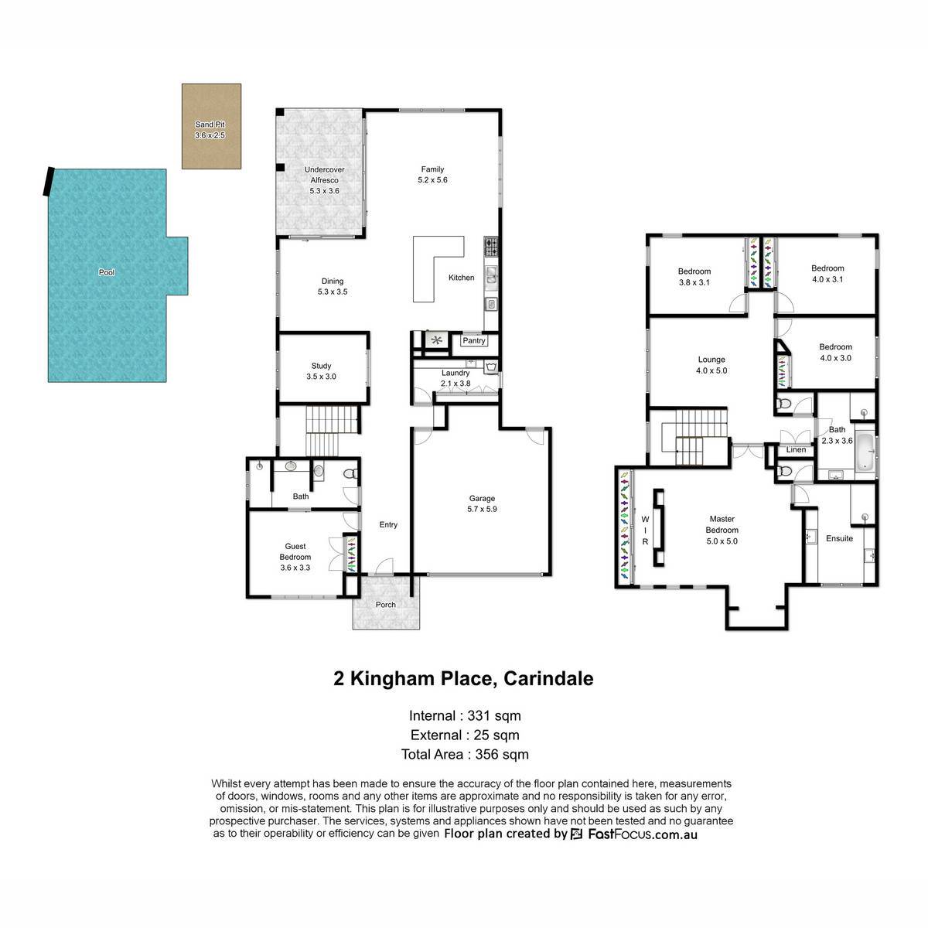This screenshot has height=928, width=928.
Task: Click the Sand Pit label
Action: (210, 125)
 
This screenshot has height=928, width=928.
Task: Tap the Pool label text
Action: (107, 272)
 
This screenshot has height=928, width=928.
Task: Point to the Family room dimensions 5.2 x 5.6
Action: (432, 180)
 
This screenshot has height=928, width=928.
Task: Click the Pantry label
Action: (474, 340)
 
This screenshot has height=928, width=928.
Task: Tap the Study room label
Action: (321, 366)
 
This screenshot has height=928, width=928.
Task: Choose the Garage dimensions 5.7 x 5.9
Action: (482, 509)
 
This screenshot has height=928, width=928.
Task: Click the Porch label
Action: (385, 605)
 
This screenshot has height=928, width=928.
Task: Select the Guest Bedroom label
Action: (295, 551)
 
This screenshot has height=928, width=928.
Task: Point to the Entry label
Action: (388, 524)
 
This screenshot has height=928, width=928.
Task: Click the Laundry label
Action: (455, 373)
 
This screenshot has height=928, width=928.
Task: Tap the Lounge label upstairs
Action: (711, 360)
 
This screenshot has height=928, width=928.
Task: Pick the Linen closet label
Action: (796, 449)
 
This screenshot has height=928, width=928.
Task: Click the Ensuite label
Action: (839, 538)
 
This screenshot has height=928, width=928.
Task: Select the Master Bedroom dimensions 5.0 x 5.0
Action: (722, 541)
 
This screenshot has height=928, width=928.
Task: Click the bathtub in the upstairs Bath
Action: (865, 452)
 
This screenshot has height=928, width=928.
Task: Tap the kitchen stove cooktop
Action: (491, 247)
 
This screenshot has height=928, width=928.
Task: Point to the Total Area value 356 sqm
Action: (502, 754)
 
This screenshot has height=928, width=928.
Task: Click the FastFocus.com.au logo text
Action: (643, 834)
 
